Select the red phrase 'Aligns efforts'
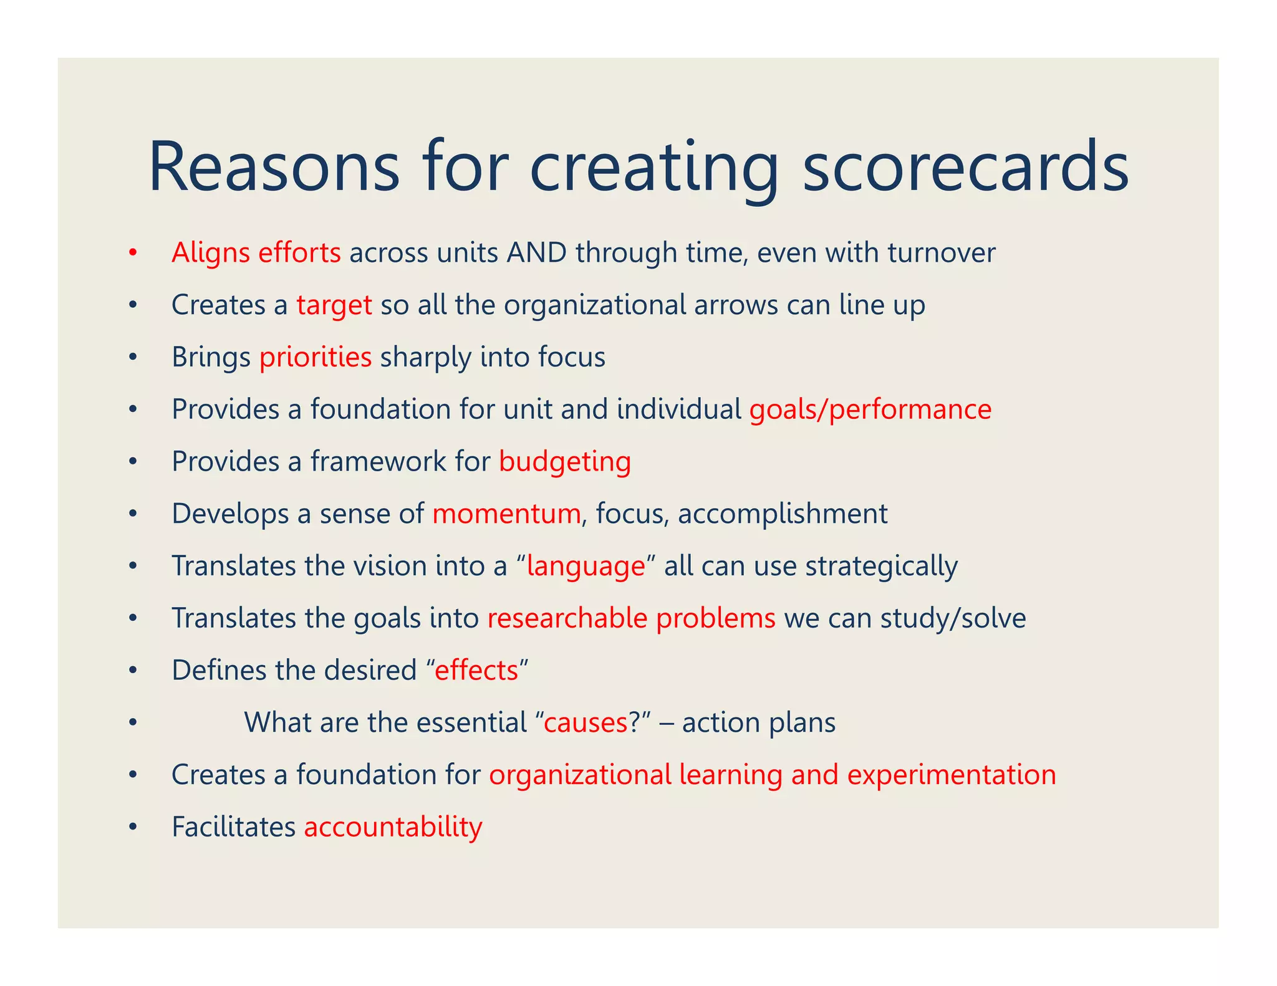pyautogui.click(x=256, y=253)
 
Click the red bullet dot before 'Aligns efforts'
pyautogui.click(x=132, y=253)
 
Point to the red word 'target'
pyautogui.click(x=334, y=305)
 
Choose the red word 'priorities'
pyautogui.click(x=316, y=358)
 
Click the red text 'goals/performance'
pyautogui.click(x=870, y=410)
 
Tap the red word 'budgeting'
pyautogui.click(x=565, y=462)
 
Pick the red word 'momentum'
pyautogui.click(x=506, y=514)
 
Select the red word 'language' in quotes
pyautogui.click(x=585, y=567)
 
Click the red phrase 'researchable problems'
pyautogui.click(x=631, y=618)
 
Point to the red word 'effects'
pyautogui.click(x=476, y=671)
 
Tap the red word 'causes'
pyautogui.click(x=585, y=723)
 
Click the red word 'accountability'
pyautogui.click(x=393, y=828)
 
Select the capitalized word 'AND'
pyautogui.click(x=537, y=253)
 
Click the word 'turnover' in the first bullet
pyautogui.click(x=942, y=253)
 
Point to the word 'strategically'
pyautogui.click(x=882, y=567)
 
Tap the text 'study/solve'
pyautogui.click(x=953, y=618)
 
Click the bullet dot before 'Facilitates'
pyautogui.click(x=132, y=828)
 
